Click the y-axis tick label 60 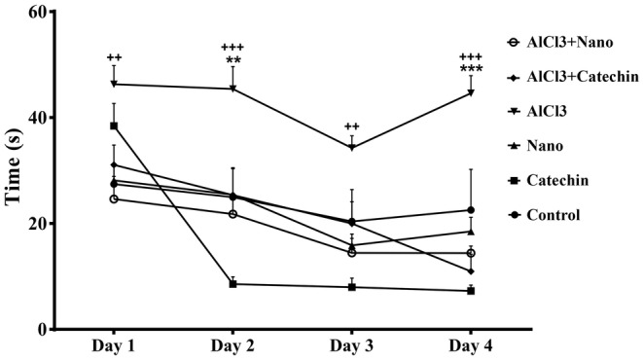click(x=41, y=13)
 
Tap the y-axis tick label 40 click(x=41, y=118)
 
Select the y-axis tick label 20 click(x=41, y=224)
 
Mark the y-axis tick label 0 click(x=46, y=329)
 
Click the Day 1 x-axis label click(x=113, y=347)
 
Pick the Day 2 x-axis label click(x=232, y=347)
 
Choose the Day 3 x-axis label click(x=351, y=347)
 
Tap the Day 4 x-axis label click(x=470, y=347)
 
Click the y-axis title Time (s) click(x=16, y=170)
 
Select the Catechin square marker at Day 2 click(x=232, y=284)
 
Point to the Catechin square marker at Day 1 click(x=114, y=126)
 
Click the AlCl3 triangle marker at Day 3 click(x=352, y=148)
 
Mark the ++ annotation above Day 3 click(x=352, y=126)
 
